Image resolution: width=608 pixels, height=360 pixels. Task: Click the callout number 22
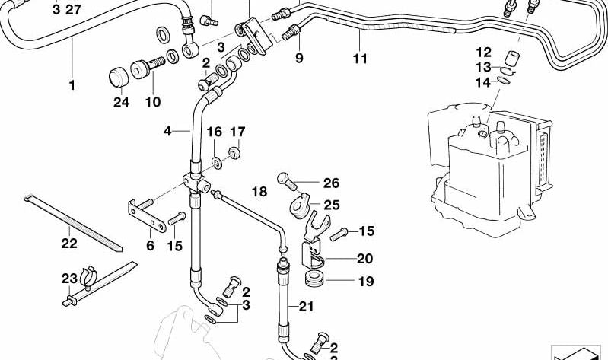click(x=69, y=244)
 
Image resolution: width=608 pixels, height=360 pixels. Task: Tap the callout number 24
click(x=122, y=103)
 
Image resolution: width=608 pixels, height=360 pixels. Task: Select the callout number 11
click(x=360, y=59)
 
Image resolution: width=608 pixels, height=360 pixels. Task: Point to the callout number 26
click(x=331, y=183)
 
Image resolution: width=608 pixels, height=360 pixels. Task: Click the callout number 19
click(x=366, y=282)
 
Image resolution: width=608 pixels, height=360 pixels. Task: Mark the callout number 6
click(x=150, y=245)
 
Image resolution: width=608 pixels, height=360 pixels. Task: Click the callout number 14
click(x=484, y=82)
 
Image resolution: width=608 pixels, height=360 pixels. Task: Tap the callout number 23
click(x=69, y=279)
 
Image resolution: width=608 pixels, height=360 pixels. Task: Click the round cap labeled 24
click(x=119, y=77)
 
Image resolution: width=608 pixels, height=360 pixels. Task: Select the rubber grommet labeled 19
click(x=314, y=277)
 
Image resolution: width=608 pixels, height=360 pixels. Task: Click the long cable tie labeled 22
click(x=72, y=225)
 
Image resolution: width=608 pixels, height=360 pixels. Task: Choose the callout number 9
click(x=299, y=58)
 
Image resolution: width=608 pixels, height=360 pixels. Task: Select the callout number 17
click(x=237, y=130)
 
